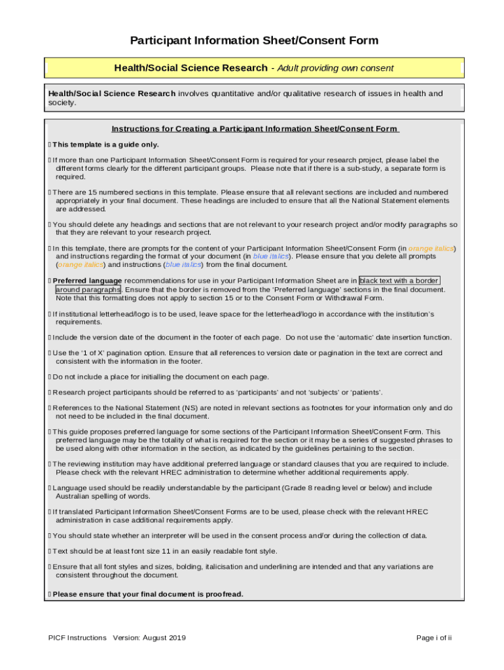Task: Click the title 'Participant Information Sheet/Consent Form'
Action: click(254, 41)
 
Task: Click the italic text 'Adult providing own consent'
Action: click(336, 68)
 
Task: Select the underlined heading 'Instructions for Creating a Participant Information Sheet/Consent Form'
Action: click(255, 129)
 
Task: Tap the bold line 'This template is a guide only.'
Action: click(105, 145)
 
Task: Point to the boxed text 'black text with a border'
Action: click(399, 281)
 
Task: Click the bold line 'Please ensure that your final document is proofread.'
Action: click(148, 594)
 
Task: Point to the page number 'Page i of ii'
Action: click(434, 638)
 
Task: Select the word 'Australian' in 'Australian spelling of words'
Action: click(75, 497)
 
